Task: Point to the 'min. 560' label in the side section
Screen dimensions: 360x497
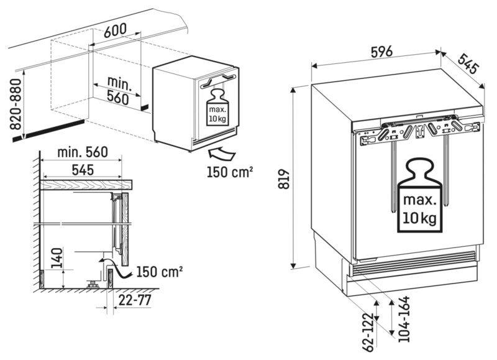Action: click(81, 152)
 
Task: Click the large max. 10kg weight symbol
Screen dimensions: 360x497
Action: click(421, 198)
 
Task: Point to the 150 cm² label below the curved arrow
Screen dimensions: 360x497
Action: click(229, 172)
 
